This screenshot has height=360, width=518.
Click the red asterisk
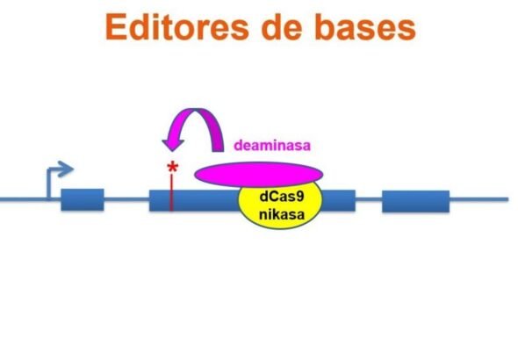pos(172,169)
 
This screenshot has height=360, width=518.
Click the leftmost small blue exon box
pos(82,200)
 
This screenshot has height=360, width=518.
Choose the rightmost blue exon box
pos(414,200)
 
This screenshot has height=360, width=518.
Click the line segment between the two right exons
pos(368,199)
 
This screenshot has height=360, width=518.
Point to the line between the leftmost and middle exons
pos(126,199)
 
